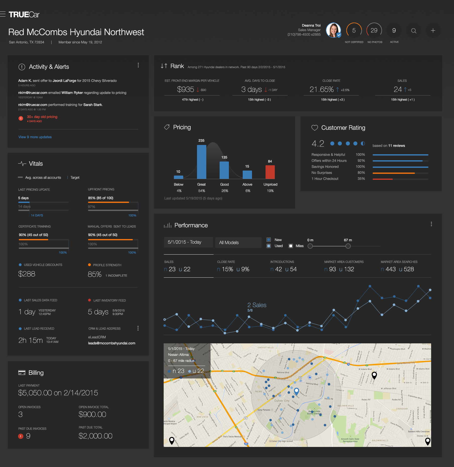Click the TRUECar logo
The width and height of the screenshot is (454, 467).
[24, 15]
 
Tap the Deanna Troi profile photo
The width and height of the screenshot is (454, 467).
[333, 30]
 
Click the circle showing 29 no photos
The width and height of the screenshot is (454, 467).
[374, 30]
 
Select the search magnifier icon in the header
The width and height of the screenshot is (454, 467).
[414, 31]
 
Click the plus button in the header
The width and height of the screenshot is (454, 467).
[433, 31]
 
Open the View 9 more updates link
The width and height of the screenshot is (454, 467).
[35, 137]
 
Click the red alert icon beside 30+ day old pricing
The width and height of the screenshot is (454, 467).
[21, 118]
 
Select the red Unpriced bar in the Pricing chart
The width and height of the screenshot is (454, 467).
[270, 172]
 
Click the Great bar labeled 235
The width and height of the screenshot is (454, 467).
[202, 162]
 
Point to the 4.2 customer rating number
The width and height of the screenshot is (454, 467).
[318, 144]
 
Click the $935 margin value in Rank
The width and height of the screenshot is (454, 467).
[185, 90]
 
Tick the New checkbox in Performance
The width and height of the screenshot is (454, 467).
[269, 240]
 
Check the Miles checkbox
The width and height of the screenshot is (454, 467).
[291, 246]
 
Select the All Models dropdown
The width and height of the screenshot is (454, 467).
[238, 243]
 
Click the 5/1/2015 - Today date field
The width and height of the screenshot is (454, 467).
[188, 242]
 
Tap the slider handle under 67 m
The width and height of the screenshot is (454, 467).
[348, 246]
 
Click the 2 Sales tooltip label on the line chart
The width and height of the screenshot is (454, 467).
[257, 305]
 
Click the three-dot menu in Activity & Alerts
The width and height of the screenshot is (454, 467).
[138, 65]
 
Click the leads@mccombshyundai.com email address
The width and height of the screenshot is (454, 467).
[112, 343]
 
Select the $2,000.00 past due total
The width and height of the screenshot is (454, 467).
[95, 436]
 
